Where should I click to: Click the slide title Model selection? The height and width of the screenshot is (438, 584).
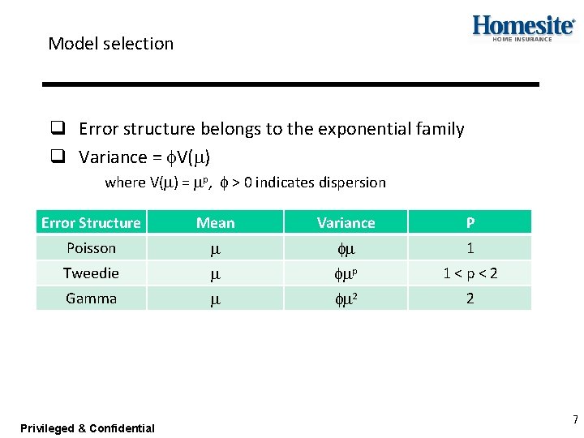110,44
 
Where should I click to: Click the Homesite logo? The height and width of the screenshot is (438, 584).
523,28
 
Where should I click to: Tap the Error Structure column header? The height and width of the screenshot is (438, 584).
91,222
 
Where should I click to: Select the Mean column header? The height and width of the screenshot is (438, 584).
215,222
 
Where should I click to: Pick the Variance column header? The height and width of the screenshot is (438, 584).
346,222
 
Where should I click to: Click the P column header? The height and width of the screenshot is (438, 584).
470,222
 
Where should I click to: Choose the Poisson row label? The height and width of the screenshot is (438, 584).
91,248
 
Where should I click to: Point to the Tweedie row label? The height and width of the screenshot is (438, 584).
91,273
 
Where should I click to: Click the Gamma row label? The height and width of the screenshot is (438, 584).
91,298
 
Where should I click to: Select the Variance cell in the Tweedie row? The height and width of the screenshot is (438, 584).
346,274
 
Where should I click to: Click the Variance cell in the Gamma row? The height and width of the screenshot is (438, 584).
346,299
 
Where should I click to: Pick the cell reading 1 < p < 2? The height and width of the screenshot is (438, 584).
470,274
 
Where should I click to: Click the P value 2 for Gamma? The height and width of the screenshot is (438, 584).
470,298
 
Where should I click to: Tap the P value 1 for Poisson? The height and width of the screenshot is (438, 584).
470,248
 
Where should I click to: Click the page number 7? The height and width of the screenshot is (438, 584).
575,420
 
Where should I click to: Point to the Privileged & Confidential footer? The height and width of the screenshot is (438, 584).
88,428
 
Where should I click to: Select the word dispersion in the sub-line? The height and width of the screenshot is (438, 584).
352,182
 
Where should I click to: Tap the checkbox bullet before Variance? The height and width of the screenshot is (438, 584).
58,157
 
